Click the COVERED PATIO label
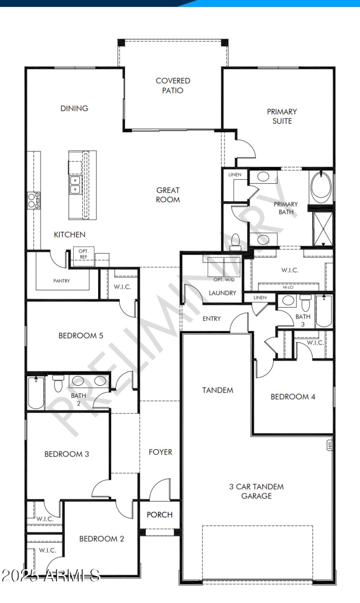[x=173, y=85]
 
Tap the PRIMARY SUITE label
[x=282, y=116]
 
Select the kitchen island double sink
[x=75, y=184]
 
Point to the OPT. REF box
[x=84, y=254]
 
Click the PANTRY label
[x=62, y=281]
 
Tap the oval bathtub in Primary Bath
[x=321, y=187]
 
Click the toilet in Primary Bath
[x=235, y=242]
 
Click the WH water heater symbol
[x=329, y=445]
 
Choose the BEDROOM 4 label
[x=292, y=396]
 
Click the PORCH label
[x=160, y=514]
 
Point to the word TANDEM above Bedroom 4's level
[x=218, y=390]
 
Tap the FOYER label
[x=161, y=452]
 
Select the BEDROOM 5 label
[x=77, y=335]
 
